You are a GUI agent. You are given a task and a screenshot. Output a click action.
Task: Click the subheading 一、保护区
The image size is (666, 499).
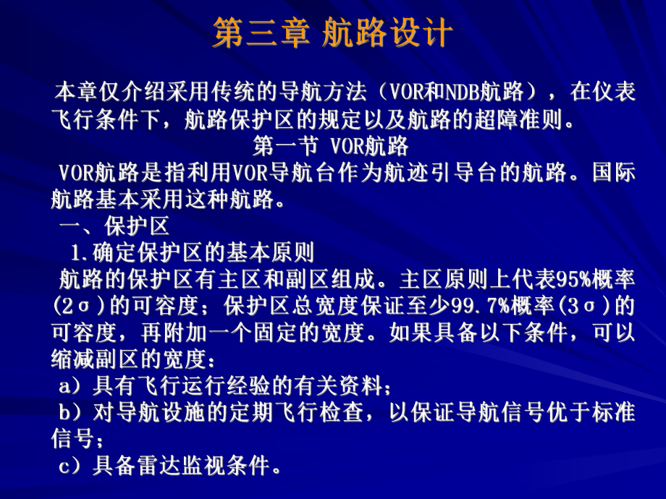click(x=114, y=226)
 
